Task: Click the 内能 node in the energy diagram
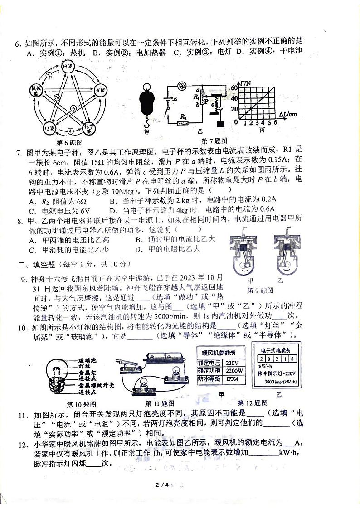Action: (x=67, y=67)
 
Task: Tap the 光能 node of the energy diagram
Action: (x=100, y=91)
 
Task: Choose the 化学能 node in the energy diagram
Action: (x=88, y=129)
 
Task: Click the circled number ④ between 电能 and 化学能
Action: (x=70, y=132)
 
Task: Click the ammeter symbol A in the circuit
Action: (x=182, y=85)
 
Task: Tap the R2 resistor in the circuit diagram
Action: (x=183, y=122)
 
